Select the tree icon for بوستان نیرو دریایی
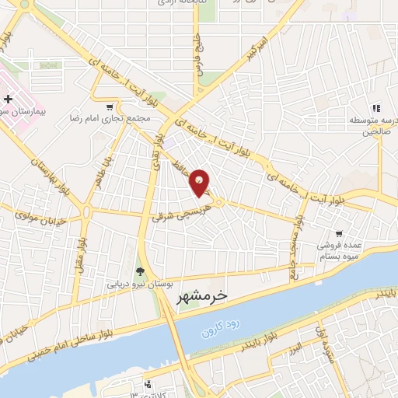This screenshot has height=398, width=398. point(140,271)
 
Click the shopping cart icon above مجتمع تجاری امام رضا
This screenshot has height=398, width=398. point(110,107)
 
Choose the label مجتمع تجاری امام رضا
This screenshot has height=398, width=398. point(117,120)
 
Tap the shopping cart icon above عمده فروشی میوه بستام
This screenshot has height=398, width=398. point(339,233)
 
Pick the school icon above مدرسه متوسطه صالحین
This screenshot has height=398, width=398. point(376,109)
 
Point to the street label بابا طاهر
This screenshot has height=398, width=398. point(98,172)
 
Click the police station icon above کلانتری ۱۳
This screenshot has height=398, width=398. point(148,383)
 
